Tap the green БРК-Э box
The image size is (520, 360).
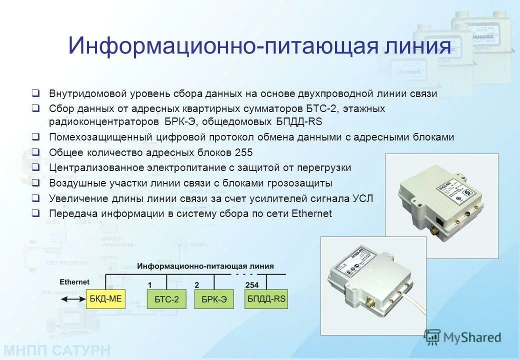(214, 299)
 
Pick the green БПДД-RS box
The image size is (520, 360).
(266, 298)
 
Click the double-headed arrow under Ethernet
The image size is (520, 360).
(72, 299)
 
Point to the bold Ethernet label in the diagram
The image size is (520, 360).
(74, 282)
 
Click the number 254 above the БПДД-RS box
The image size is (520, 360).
(252, 284)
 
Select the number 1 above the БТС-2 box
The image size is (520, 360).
(149, 284)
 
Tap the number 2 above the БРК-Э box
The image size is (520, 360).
(197, 284)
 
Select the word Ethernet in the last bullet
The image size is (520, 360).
(311, 213)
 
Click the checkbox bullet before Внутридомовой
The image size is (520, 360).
(35, 93)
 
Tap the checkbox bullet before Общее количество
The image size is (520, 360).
(35, 152)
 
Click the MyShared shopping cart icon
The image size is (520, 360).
(432, 337)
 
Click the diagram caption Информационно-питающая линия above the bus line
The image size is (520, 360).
(205, 266)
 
